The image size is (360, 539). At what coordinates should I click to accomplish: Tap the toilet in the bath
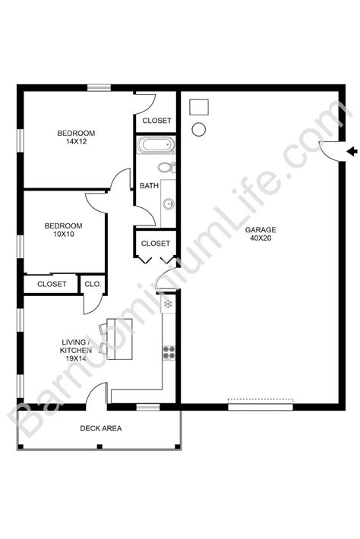pyautogui.click(x=166, y=167)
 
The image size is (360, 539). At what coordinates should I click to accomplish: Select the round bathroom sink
pyautogui.click(x=167, y=203)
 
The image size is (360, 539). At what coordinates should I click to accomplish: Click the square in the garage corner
pyautogui.click(x=198, y=106)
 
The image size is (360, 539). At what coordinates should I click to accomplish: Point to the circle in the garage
pyautogui.click(x=199, y=129)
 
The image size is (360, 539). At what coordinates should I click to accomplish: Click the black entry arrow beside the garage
pyautogui.click(x=351, y=153)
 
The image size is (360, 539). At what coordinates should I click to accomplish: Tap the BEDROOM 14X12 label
pyautogui.click(x=74, y=137)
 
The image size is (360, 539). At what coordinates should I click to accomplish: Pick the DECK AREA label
pyautogui.click(x=101, y=428)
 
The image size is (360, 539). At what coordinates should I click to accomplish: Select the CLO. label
pyautogui.click(x=93, y=284)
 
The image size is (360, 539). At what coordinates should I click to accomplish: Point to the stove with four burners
pyautogui.click(x=169, y=351)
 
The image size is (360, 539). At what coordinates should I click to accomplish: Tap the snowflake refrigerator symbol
pyautogui.click(x=169, y=304)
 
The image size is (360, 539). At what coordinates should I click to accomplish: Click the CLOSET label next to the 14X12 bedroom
pyautogui.click(x=156, y=121)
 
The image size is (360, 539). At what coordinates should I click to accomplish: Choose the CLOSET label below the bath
pyautogui.click(x=155, y=244)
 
